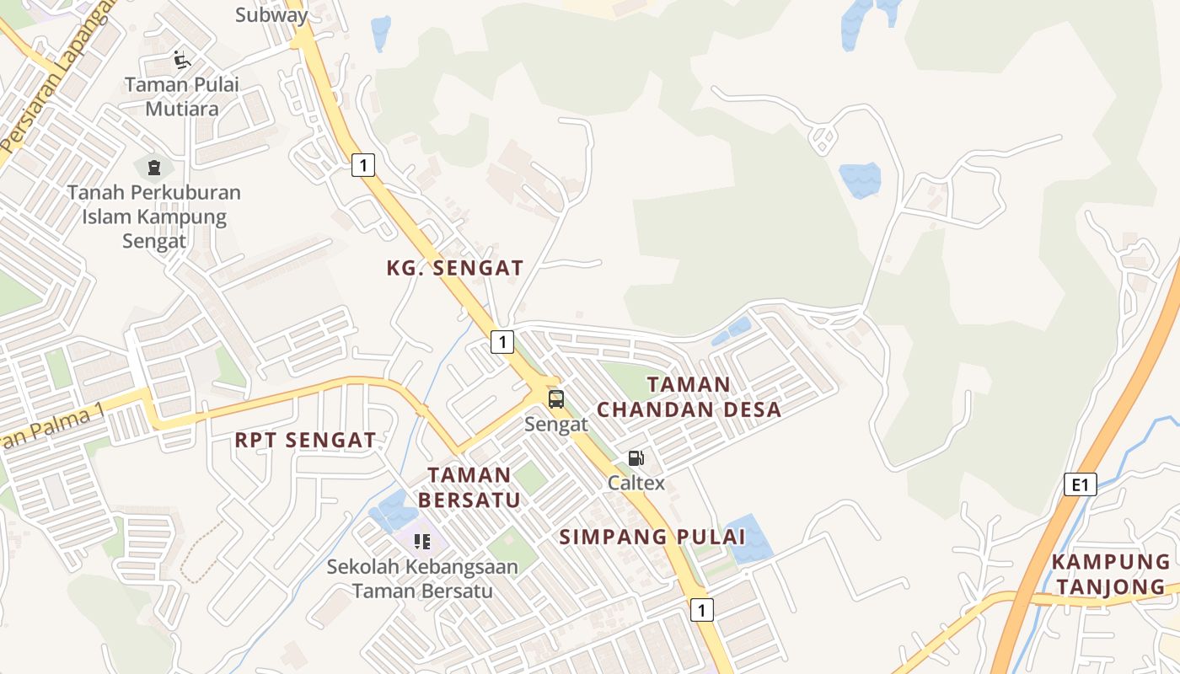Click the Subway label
click(x=271, y=14)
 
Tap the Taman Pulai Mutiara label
click(x=182, y=97)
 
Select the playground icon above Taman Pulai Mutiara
click(x=182, y=60)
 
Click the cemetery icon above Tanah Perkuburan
click(x=153, y=168)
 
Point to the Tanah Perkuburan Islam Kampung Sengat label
click(x=154, y=217)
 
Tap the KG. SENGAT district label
click(x=455, y=269)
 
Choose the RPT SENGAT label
click(x=305, y=440)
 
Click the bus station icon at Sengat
click(x=555, y=399)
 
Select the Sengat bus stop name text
click(x=555, y=424)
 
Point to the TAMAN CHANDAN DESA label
click(x=689, y=398)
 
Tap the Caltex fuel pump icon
click(x=636, y=458)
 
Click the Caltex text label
click(x=636, y=483)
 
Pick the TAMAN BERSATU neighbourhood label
click(x=469, y=488)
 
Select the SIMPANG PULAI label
click(x=652, y=537)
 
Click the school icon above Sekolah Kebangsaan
click(x=422, y=541)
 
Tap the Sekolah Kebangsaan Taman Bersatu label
click(x=422, y=579)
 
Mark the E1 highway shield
click(x=1080, y=484)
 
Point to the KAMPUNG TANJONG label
click(x=1110, y=575)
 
